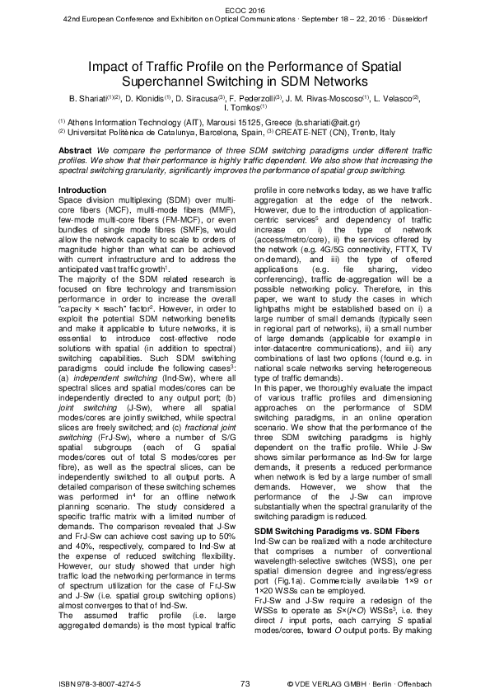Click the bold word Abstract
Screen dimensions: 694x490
tap(75, 152)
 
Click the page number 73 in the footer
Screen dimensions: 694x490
tap(245, 683)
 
